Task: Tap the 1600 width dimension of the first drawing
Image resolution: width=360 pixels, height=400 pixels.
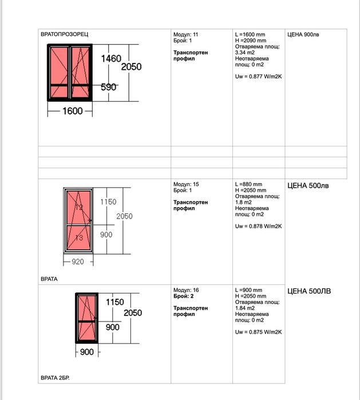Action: point(69,111)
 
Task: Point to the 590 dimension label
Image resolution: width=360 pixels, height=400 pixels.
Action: point(109,87)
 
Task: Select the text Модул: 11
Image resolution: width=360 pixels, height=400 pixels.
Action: point(185,35)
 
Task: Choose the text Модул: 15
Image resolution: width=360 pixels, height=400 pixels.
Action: point(185,184)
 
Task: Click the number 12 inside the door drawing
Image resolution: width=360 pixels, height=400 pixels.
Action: point(78,207)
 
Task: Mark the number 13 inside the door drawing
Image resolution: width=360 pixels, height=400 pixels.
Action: point(78,237)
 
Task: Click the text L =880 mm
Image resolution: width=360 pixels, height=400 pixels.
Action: point(249,184)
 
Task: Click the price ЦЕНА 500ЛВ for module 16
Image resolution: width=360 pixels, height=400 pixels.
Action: point(309,291)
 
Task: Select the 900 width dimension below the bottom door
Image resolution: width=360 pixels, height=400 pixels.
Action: point(86,352)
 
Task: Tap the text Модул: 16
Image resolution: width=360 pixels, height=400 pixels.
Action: point(185,290)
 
